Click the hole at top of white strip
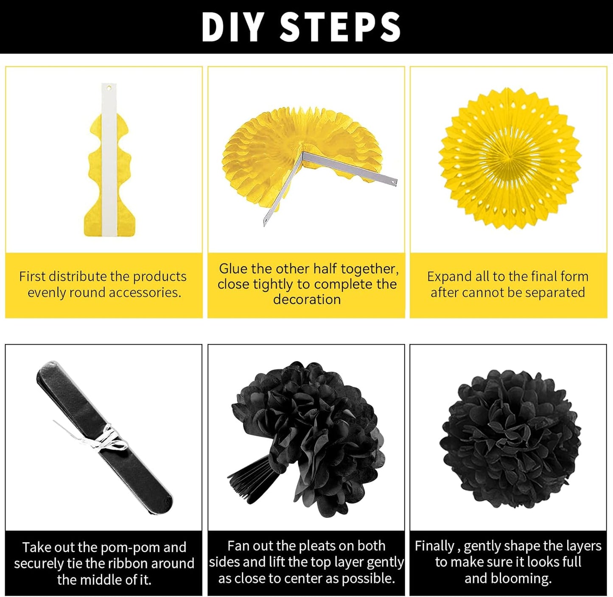pyautogui.click(x=109, y=88)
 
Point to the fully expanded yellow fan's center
pyautogui.click(x=509, y=159)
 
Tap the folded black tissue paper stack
pyautogui.click(x=104, y=437)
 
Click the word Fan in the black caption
pyautogui.click(x=238, y=546)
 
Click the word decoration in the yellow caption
pyautogui.click(x=307, y=300)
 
